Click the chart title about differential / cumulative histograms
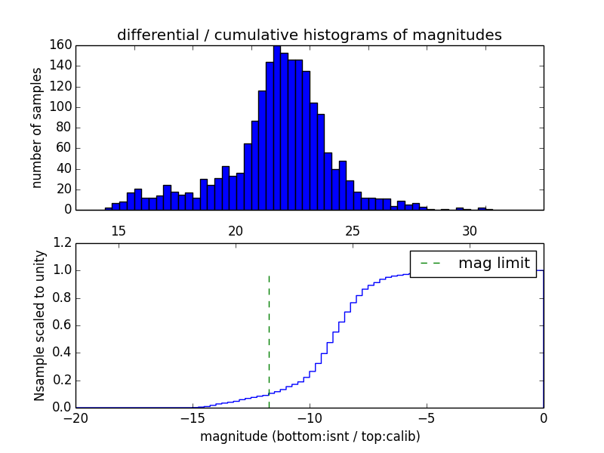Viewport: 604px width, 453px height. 310,35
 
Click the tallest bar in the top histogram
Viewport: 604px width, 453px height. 277,128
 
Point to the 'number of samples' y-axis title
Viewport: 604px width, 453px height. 37,128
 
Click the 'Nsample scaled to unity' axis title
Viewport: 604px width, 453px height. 39,325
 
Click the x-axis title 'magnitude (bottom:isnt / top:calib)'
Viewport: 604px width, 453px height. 310,436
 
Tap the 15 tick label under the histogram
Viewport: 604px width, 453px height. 119,230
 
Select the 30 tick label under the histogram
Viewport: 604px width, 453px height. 470,230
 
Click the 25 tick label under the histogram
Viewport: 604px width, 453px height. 353,230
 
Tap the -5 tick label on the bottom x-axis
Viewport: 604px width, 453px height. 427,418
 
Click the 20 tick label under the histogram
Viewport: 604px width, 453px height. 236,230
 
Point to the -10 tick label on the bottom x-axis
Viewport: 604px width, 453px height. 310,418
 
